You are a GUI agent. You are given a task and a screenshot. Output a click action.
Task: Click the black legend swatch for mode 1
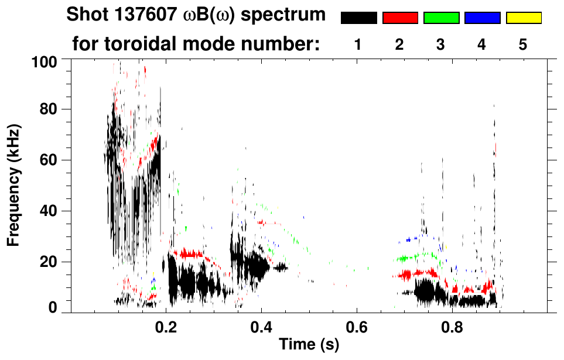(359, 18)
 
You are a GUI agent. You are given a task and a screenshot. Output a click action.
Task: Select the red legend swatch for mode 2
(400, 18)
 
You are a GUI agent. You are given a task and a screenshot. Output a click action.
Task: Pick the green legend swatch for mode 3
(441, 18)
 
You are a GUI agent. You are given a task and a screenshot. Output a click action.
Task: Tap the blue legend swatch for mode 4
(482, 18)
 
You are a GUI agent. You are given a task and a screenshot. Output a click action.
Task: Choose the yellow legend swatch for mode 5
(523, 18)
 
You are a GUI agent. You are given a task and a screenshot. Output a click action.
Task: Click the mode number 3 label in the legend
(440, 45)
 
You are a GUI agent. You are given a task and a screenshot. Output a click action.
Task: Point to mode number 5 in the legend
(522, 45)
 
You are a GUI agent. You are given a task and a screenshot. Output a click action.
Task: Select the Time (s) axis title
(308, 345)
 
